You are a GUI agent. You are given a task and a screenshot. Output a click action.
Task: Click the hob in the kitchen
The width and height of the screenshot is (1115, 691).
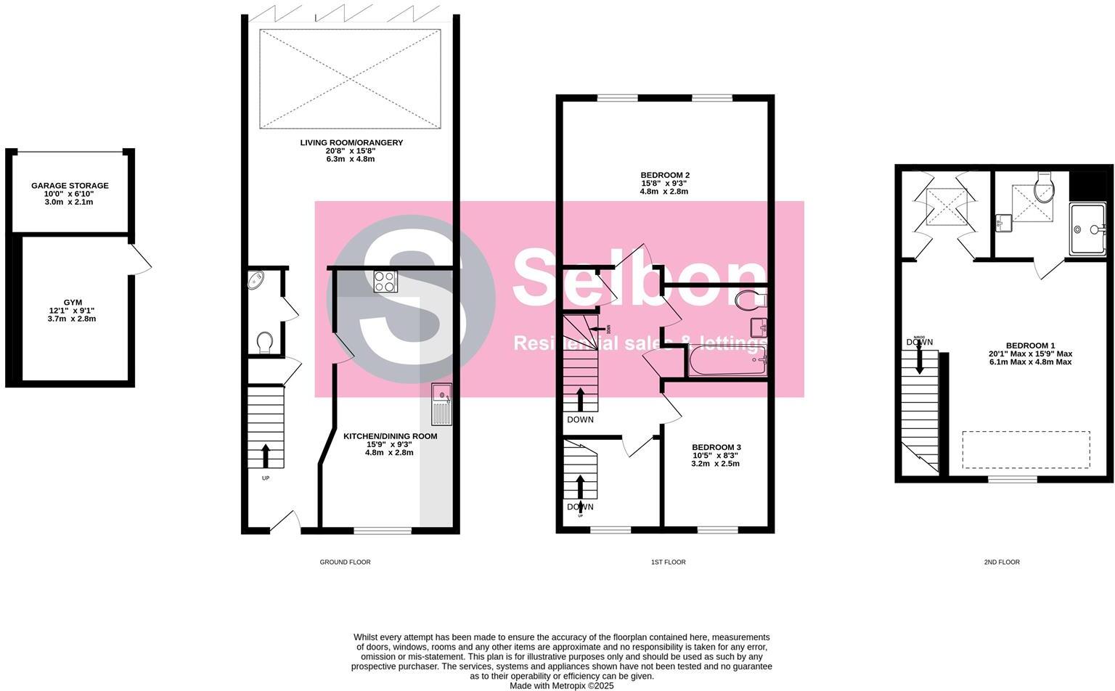click(x=385, y=281)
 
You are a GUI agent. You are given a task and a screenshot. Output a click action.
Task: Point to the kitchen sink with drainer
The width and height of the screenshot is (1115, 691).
click(x=441, y=404)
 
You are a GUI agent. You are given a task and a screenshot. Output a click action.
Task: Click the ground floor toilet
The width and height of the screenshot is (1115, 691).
click(x=265, y=341)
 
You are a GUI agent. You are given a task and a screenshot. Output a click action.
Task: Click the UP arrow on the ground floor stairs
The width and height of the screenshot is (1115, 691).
click(x=264, y=455)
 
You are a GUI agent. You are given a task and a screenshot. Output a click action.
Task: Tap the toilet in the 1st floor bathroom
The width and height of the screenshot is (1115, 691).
click(x=749, y=299)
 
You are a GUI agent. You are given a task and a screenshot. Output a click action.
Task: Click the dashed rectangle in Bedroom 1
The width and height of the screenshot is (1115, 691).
click(x=1026, y=450)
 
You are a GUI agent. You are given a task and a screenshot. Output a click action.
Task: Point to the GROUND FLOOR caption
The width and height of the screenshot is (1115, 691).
click(x=345, y=562)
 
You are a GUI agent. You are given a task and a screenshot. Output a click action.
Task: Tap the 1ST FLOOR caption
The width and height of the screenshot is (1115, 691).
click(x=667, y=562)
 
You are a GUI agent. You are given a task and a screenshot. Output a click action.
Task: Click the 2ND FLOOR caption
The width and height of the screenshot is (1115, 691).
click(x=1002, y=562)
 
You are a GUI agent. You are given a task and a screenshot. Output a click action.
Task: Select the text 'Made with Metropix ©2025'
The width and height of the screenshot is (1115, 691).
click(x=561, y=685)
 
